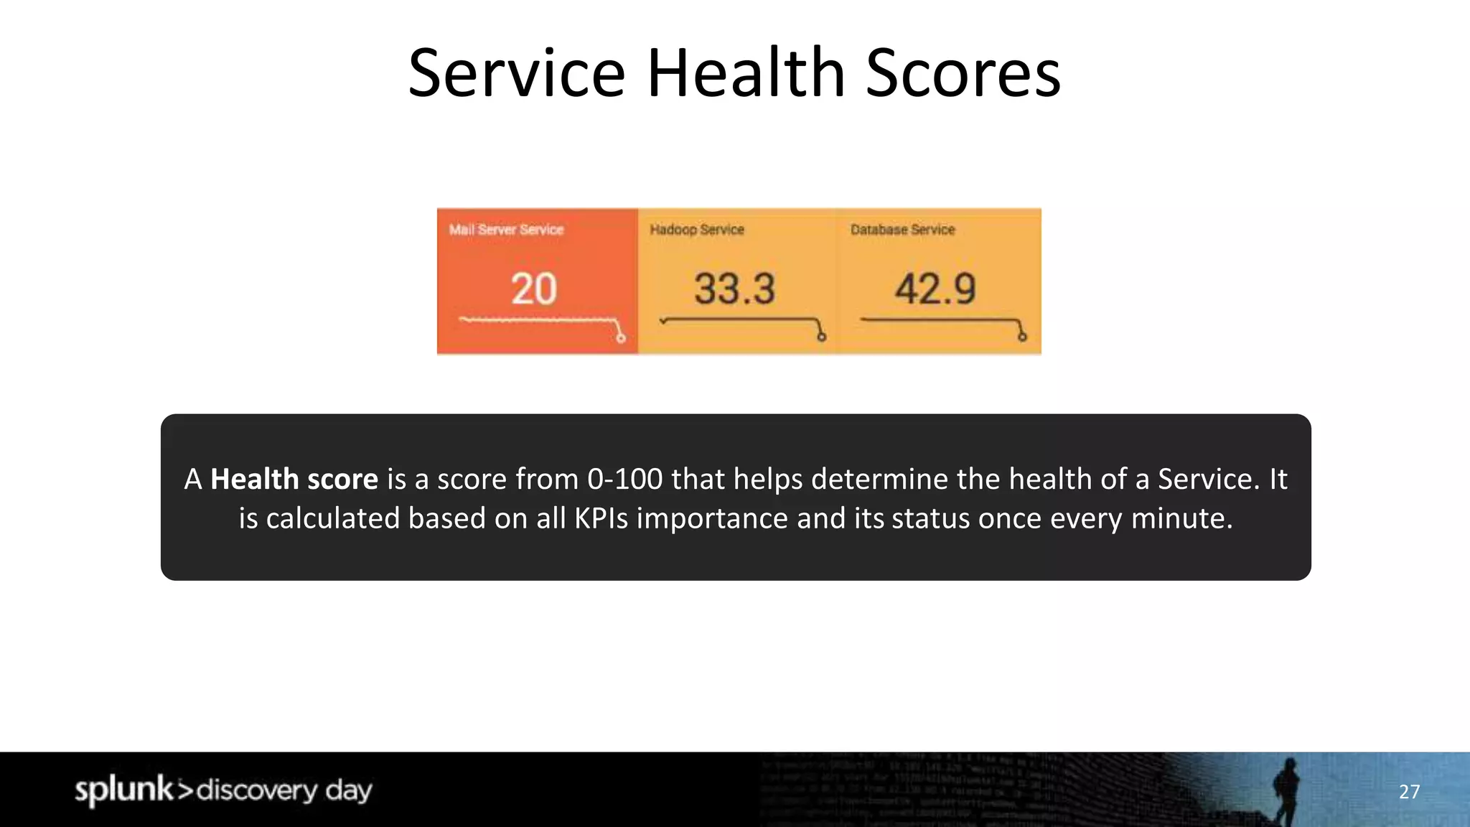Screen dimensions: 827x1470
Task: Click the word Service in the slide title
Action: point(517,73)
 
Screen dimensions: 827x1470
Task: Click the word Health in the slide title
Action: point(746,73)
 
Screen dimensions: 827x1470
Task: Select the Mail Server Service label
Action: point(506,230)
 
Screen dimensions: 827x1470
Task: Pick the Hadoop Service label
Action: point(697,230)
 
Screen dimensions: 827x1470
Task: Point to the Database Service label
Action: point(902,230)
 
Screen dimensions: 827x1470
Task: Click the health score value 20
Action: point(533,289)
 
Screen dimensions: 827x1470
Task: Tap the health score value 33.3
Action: point(734,289)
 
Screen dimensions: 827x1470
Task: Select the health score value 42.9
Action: point(935,289)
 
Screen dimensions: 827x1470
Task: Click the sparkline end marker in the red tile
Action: point(621,338)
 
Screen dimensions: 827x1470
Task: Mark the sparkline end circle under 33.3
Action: point(822,337)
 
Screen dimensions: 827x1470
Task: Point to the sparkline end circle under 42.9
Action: point(1022,337)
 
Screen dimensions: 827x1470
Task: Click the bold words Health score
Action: point(294,479)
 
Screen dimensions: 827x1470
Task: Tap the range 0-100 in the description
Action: point(624,479)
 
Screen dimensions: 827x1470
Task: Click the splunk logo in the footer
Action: point(124,790)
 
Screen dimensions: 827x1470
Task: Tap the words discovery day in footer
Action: point(284,790)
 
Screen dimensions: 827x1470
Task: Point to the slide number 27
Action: point(1409,792)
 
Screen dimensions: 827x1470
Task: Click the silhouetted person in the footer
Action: point(1286,790)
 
